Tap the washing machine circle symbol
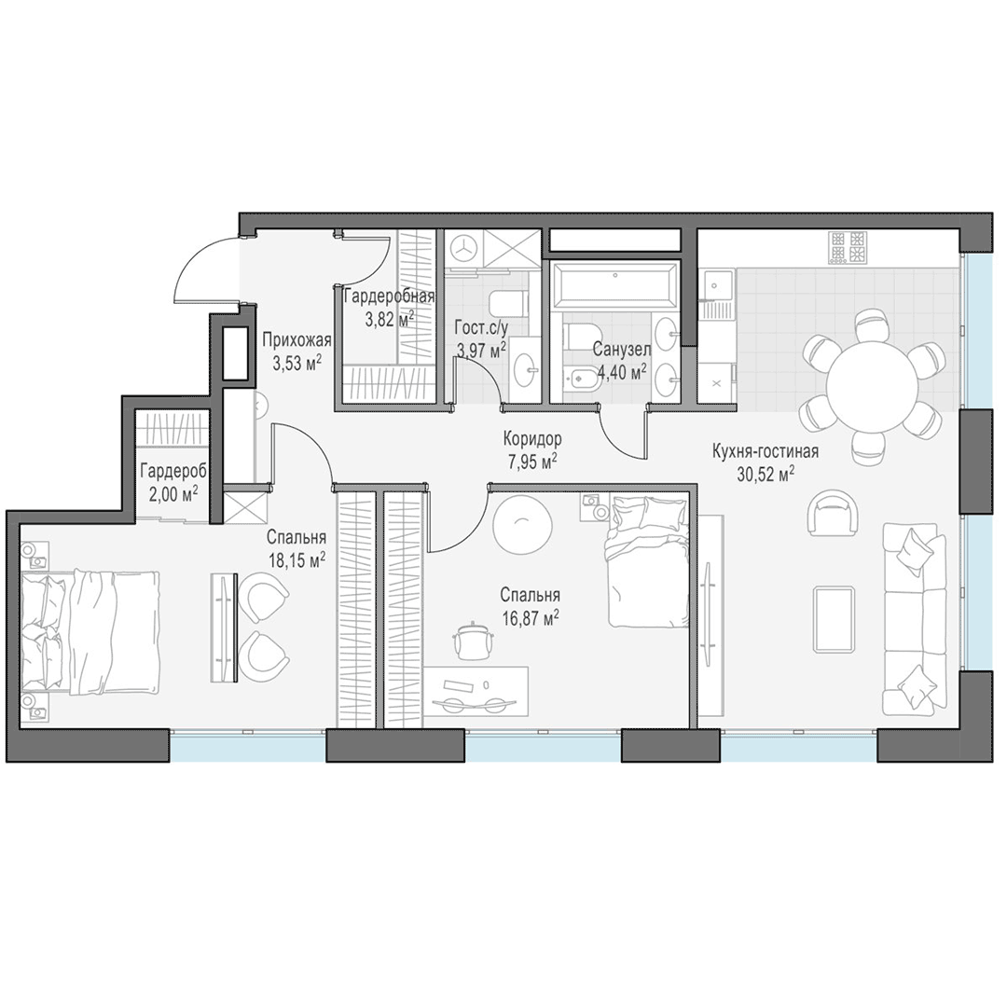click(x=463, y=248)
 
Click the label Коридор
click(x=532, y=439)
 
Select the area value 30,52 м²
click(x=766, y=474)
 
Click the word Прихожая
click(x=297, y=340)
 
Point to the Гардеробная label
click(x=389, y=297)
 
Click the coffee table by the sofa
click(x=834, y=618)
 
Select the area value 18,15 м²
click(x=297, y=559)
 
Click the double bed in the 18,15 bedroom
click(x=90, y=632)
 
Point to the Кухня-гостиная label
click(x=766, y=451)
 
